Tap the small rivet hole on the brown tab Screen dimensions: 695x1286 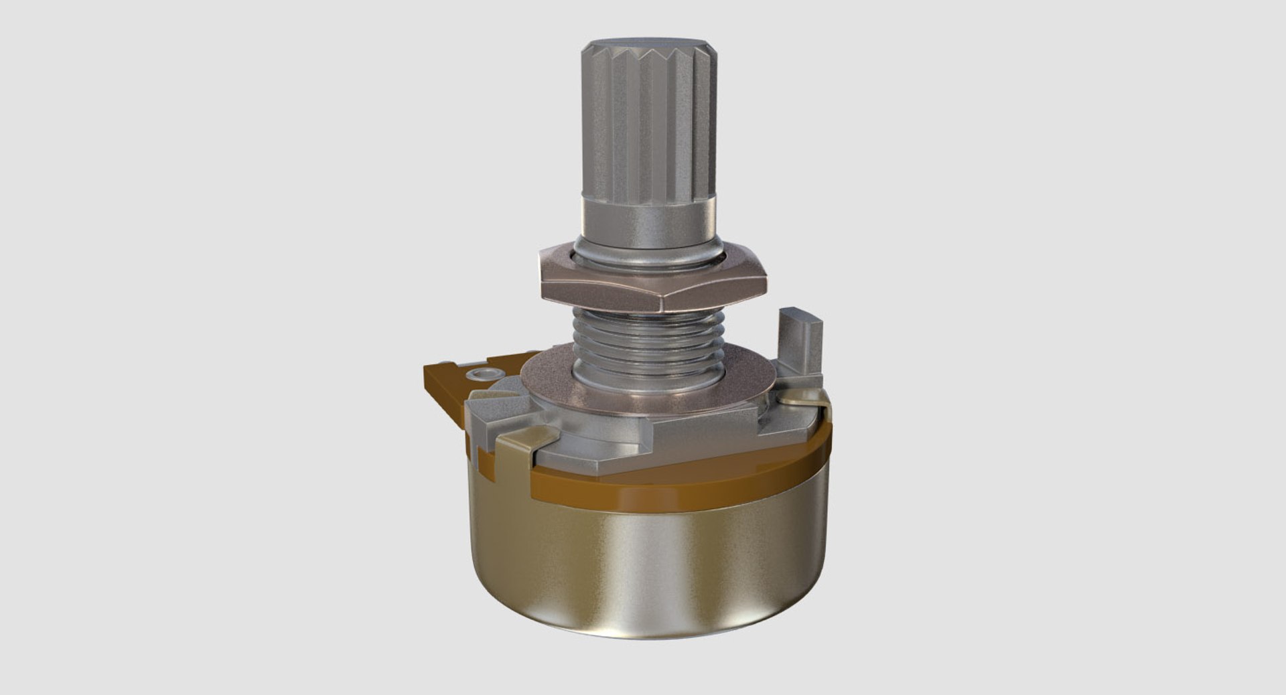pyautogui.click(x=480, y=373)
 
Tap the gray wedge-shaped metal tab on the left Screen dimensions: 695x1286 pyautogui.click(x=496, y=408)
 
